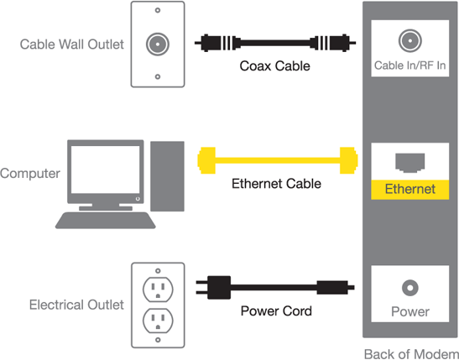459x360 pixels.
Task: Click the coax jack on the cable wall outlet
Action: coord(158,44)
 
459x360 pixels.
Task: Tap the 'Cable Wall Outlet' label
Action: coord(71,44)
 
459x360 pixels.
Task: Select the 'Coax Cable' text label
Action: coord(274,65)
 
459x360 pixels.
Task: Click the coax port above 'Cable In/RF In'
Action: coord(409,40)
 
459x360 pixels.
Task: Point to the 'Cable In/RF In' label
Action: coord(409,65)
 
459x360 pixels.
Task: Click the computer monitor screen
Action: coord(106,170)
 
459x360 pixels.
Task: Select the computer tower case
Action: coord(168,176)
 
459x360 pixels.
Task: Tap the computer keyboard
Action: coord(106,221)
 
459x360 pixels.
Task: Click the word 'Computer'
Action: coord(30,173)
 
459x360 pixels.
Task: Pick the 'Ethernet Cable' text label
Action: coord(276,184)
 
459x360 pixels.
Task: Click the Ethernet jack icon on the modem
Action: coord(409,163)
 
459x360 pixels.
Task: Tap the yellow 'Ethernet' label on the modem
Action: coord(409,190)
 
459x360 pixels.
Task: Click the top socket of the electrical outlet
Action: coord(158,290)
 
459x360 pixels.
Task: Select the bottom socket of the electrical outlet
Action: coord(158,321)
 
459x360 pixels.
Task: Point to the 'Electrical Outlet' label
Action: coord(76,305)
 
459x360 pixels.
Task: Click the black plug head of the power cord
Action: coord(219,288)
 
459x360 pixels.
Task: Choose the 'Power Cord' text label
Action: coord(276,310)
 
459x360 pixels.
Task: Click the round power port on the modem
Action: coord(409,288)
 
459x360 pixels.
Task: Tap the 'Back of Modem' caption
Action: coord(411,354)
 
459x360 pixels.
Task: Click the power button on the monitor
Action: coord(138,199)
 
